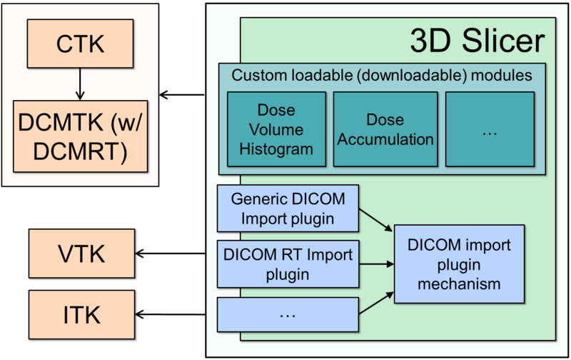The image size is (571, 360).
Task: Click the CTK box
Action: click(x=81, y=44)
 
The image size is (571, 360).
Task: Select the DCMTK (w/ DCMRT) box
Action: click(x=81, y=136)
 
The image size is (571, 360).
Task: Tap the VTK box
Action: click(x=81, y=253)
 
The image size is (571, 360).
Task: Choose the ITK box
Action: click(x=81, y=314)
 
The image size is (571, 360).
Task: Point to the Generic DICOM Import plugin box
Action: click(x=287, y=208)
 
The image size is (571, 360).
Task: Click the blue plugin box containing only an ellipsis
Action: click(x=287, y=314)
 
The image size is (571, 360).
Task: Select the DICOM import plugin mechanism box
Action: click(x=459, y=264)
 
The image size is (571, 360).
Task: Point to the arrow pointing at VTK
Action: click(x=175, y=253)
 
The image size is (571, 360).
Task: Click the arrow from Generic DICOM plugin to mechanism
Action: click(x=375, y=220)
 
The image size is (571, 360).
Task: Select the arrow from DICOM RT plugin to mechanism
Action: click(x=375, y=264)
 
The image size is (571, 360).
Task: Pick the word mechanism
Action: click(x=459, y=284)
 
